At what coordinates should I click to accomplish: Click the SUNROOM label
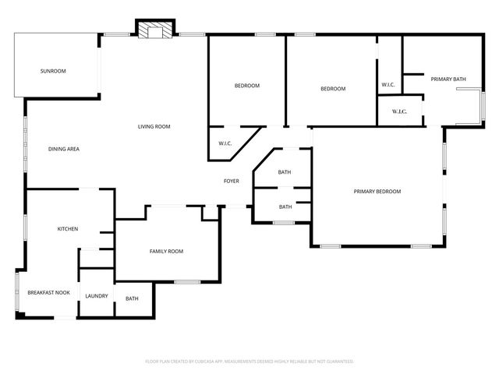(53, 71)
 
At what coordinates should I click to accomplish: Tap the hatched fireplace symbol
(153, 30)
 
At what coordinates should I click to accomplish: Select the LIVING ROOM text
(154, 126)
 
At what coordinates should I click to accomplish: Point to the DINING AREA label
(64, 149)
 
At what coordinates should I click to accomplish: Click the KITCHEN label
(68, 228)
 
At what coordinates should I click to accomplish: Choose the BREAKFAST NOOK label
(48, 293)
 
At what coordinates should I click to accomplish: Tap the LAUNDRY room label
(97, 296)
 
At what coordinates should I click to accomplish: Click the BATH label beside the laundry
(133, 298)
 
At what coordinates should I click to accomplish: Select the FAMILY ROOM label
(166, 251)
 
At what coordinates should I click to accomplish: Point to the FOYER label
(232, 181)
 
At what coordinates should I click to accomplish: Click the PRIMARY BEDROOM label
(377, 192)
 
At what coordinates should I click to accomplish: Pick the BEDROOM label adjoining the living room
(247, 85)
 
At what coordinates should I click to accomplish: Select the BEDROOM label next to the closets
(333, 89)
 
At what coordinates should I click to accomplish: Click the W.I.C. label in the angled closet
(225, 143)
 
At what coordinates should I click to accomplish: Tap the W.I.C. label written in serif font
(399, 111)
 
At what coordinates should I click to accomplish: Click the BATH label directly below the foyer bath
(285, 206)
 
